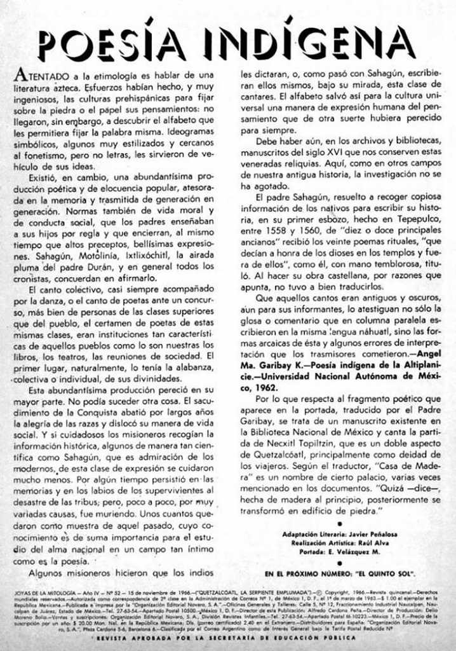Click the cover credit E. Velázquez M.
(361, 553)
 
